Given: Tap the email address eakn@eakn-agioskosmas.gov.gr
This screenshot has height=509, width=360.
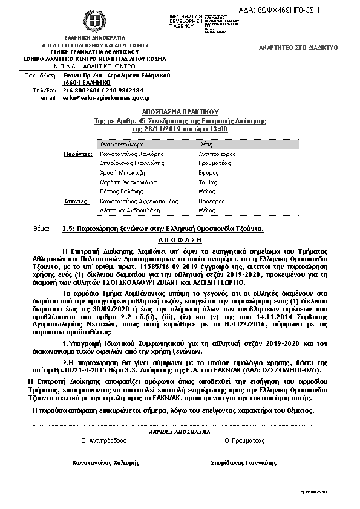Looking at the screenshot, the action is point(106,97).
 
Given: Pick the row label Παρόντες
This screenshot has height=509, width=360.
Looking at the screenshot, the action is point(78,154).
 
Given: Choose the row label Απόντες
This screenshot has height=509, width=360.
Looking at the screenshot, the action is point(77,200).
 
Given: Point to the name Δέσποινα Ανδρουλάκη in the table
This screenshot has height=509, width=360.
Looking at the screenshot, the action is point(128,210).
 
